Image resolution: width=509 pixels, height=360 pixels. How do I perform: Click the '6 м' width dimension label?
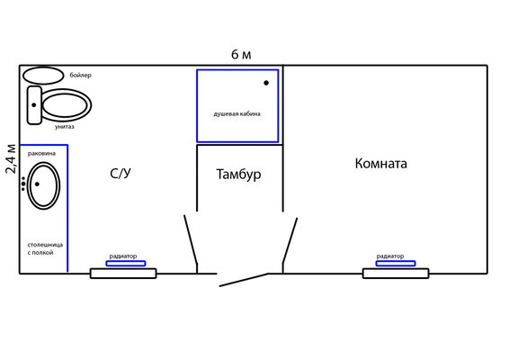[x=241, y=55]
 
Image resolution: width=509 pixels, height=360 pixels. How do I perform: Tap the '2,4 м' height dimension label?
[x=11, y=158]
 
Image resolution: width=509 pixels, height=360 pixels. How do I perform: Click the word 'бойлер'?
[x=81, y=75]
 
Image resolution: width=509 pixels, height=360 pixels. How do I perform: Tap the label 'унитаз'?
[x=64, y=127]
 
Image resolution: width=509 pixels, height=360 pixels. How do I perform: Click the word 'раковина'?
[x=41, y=153]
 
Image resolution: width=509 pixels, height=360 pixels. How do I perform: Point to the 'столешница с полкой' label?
[x=45, y=248]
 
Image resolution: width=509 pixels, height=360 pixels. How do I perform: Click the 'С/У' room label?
[x=121, y=174]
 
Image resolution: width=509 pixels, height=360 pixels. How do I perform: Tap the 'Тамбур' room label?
[x=238, y=175]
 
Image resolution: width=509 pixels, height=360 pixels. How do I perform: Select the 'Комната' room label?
[x=380, y=163]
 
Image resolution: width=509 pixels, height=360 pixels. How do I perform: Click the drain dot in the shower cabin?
[x=266, y=83]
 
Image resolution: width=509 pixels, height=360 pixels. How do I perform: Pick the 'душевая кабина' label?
[x=237, y=114]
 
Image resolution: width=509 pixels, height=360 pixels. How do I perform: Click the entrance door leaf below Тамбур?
[x=244, y=280]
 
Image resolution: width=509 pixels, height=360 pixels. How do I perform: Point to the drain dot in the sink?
[x=37, y=184]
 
